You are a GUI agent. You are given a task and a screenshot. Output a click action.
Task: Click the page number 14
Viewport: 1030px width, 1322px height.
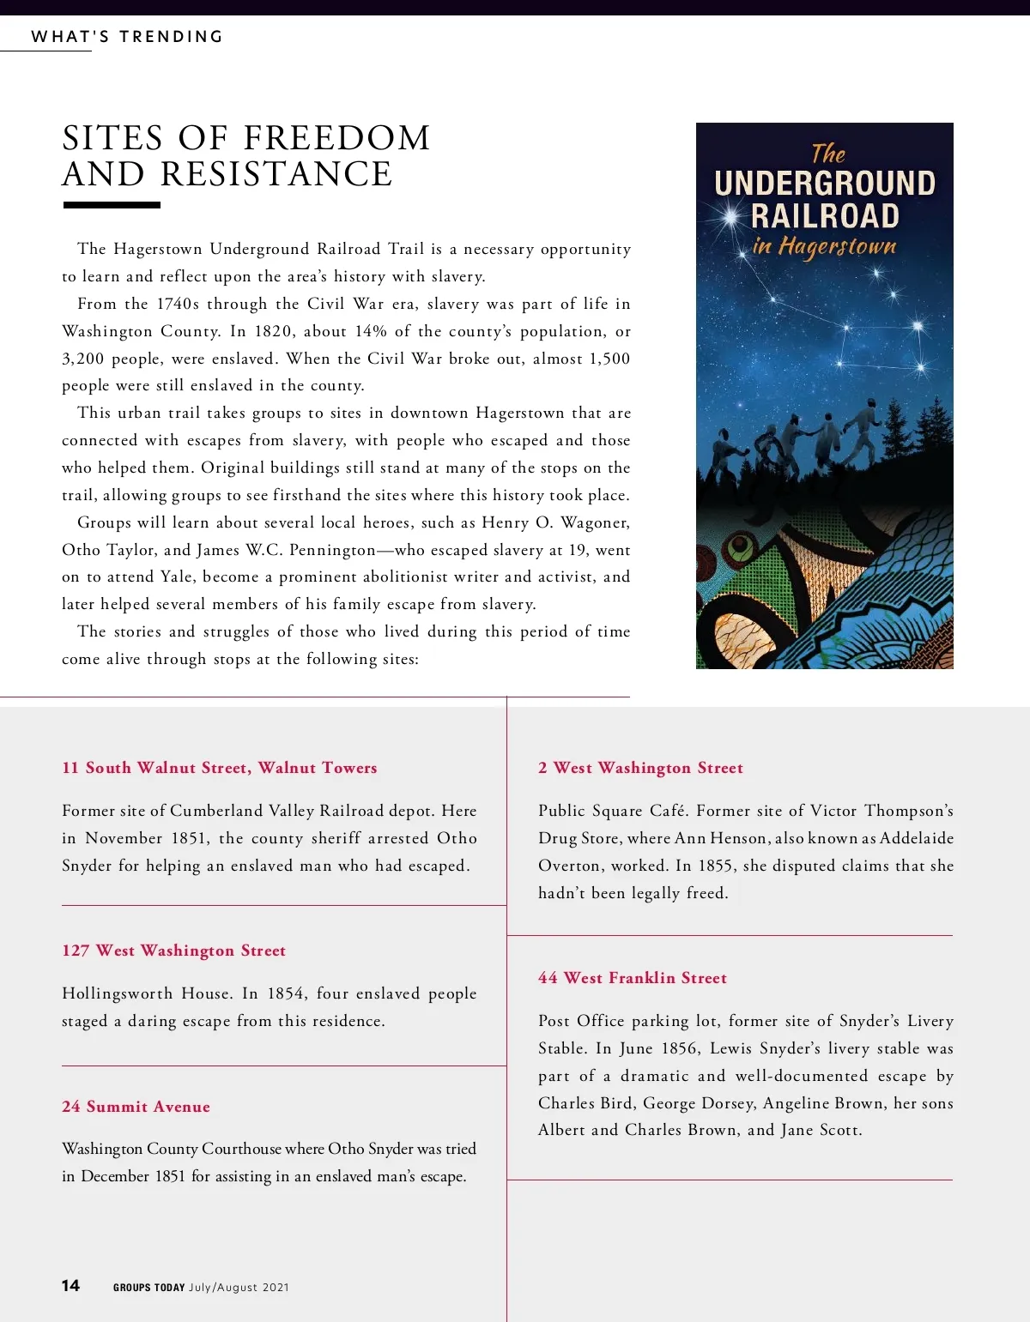70,1285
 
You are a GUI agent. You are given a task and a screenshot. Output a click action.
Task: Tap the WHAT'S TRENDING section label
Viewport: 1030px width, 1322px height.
127,37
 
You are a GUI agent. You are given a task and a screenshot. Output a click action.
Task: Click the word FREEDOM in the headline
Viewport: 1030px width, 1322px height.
337,138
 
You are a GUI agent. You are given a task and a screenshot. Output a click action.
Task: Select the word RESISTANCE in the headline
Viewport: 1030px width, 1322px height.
276,174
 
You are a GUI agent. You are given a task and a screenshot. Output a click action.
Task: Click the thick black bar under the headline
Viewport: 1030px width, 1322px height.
112,205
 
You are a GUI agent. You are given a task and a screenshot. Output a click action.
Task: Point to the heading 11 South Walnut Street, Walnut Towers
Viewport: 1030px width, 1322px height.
220,768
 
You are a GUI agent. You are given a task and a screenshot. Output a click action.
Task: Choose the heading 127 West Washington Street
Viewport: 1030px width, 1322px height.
173,951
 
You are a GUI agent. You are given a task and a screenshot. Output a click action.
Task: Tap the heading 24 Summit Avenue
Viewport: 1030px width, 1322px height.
136,1107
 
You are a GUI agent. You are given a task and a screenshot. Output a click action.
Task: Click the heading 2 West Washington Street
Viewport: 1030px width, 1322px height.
640,768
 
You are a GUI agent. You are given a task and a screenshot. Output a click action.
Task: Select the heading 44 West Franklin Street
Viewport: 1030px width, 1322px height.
633,978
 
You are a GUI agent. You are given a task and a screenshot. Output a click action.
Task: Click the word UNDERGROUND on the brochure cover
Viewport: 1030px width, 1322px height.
825,184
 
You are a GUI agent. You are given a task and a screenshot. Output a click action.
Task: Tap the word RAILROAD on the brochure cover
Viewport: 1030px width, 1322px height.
825,215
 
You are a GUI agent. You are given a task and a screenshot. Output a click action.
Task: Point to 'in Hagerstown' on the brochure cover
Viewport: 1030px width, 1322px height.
824,247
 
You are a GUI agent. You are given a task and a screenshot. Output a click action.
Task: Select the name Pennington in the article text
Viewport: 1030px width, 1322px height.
332,550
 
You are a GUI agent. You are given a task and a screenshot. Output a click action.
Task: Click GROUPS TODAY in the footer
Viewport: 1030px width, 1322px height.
149,1287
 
